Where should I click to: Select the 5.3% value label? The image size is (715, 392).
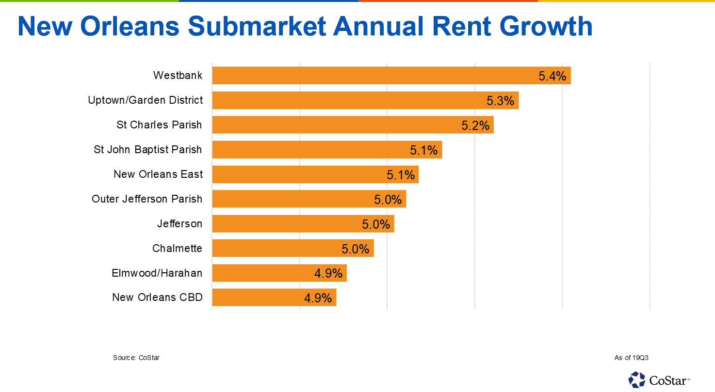click(x=500, y=101)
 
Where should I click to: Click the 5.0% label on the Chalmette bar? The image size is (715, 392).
click(x=356, y=249)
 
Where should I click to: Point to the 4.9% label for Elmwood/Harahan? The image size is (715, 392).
click(x=328, y=273)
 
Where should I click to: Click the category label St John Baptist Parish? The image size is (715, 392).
click(x=148, y=150)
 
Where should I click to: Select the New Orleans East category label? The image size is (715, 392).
click(x=158, y=174)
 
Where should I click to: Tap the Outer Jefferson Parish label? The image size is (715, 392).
click(x=147, y=199)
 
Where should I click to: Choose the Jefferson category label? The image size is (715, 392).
click(x=179, y=224)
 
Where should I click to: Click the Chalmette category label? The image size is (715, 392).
click(x=177, y=249)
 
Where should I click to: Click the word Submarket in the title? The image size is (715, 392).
click(x=257, y=26)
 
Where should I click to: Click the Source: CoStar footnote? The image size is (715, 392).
click(x=136, y=358)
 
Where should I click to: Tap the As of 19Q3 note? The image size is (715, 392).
click(x=631, y=358)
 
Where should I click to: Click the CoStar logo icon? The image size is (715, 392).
click(x=636, y=379)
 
